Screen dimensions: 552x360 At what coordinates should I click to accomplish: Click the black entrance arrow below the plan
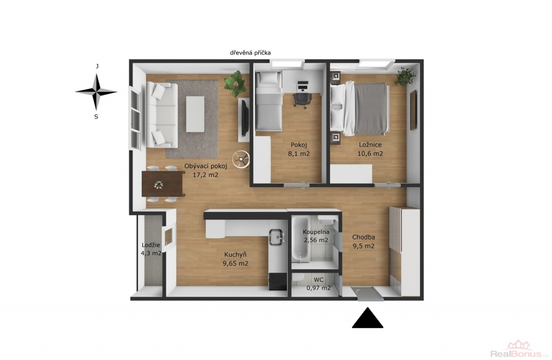point(368,318)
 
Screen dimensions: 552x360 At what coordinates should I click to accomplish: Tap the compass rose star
point(96,92)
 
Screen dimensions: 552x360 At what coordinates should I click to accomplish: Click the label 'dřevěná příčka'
point(250,53)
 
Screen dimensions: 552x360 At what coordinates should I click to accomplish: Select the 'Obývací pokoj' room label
point(206,166)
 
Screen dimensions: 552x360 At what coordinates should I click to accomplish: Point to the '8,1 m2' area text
point(299,154)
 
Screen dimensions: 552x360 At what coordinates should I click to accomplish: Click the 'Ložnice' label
point(370,144)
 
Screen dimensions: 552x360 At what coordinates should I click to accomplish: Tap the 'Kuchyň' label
point(236,254)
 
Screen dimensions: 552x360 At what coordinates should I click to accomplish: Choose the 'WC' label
point(319,280)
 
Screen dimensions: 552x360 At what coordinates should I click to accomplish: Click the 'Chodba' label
point(364,237)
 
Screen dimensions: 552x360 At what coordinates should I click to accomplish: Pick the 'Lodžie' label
point(151,245)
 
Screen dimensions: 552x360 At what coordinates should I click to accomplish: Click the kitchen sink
point(277,238)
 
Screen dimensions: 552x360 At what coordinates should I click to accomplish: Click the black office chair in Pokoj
point(302,99)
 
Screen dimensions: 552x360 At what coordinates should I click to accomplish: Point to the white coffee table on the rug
point(195,114)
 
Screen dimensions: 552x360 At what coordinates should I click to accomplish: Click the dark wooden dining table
point(163,184)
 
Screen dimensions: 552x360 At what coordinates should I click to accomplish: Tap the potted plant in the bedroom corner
point(405,77)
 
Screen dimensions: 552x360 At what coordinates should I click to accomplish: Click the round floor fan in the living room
point(241,160)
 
